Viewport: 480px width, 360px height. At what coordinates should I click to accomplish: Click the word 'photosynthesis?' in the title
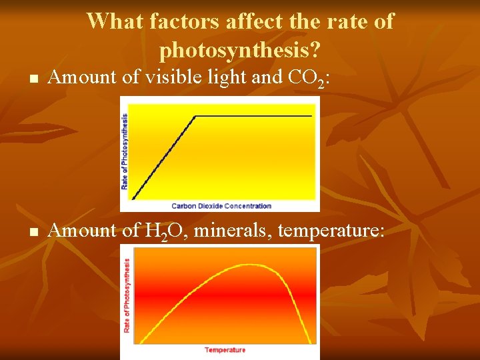point(240,49)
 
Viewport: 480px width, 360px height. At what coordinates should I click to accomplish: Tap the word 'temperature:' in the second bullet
point(331,231)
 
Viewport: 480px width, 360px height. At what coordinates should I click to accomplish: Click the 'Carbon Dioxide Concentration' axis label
point(221,206)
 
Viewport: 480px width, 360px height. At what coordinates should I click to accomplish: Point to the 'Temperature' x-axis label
point(225,350)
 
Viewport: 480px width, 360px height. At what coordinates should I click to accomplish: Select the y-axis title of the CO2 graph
point(124,151)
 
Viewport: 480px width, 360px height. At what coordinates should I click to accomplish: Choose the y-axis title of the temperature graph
point(127,295)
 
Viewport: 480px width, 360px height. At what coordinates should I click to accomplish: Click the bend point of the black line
point(195,116)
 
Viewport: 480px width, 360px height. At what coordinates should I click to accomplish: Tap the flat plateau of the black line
point(253,116)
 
